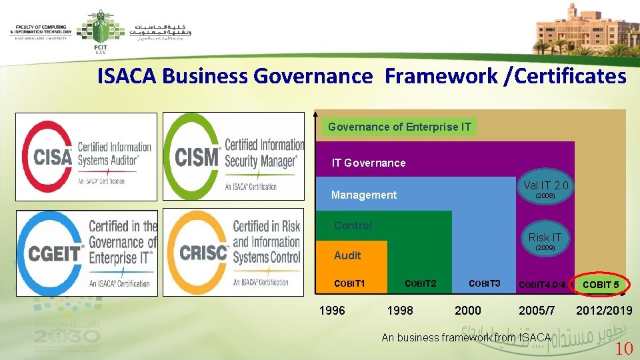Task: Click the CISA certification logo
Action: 87,157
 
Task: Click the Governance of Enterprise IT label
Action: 399,127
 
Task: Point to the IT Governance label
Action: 368,163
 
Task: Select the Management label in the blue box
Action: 363,195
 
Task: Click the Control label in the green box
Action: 353,225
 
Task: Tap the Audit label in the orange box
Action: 347,255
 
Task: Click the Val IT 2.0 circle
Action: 545,189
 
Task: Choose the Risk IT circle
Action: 545,241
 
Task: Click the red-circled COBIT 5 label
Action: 601,285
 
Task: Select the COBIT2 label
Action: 420,284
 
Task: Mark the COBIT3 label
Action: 484,284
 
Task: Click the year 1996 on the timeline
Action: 332,310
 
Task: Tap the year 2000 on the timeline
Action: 467,310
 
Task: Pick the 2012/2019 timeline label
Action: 604,310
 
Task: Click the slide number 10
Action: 623,347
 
